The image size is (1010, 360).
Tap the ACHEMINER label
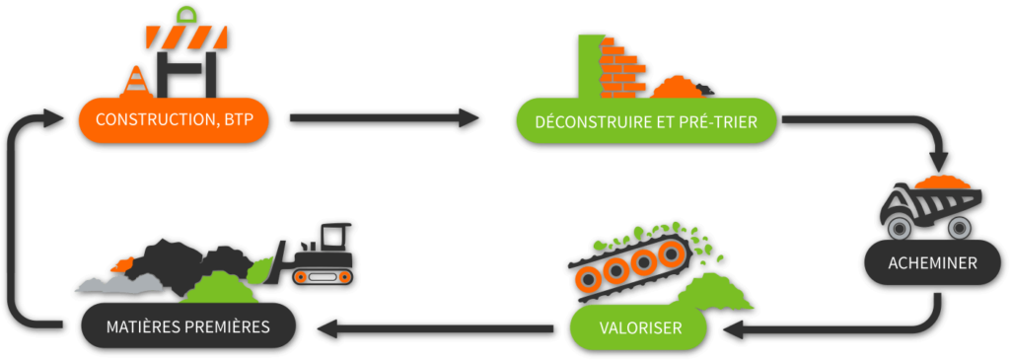click(x=933, y=263)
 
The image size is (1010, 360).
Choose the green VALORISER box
click(x=640, y=326)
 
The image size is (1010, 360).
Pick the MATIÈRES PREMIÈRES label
click(x=187, y=325)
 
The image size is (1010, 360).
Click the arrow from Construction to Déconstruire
click(x=385, y=119)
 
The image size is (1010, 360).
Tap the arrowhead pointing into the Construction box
click(x=54, y=119)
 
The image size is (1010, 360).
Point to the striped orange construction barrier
click(x=187, y=36)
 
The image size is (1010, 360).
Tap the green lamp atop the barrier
click(x=186, y=14)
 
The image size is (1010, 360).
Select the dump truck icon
click(x=933, y=210)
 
